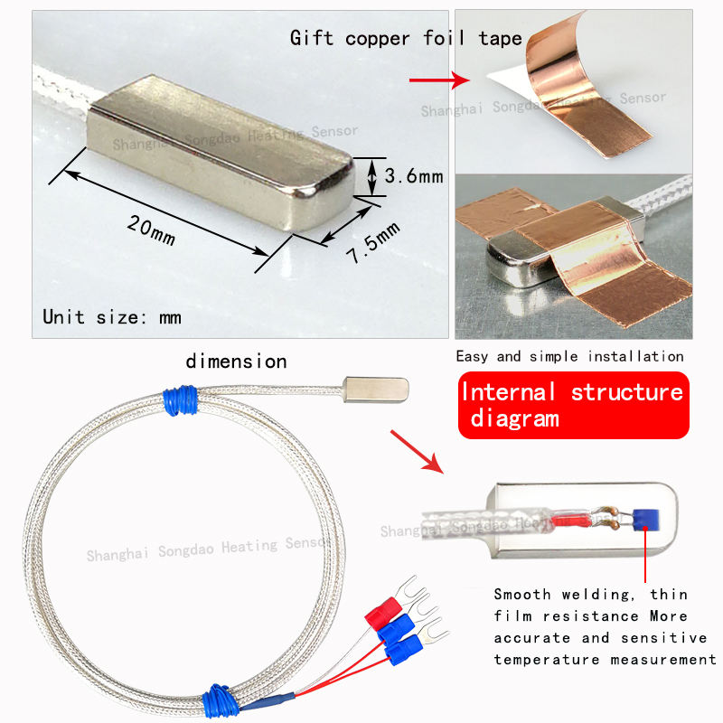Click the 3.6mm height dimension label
413,176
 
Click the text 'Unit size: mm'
112,317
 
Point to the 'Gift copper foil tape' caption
406,38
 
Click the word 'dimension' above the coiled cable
236,361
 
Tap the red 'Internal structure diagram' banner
572,405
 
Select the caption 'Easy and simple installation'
569,356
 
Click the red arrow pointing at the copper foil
438,80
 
